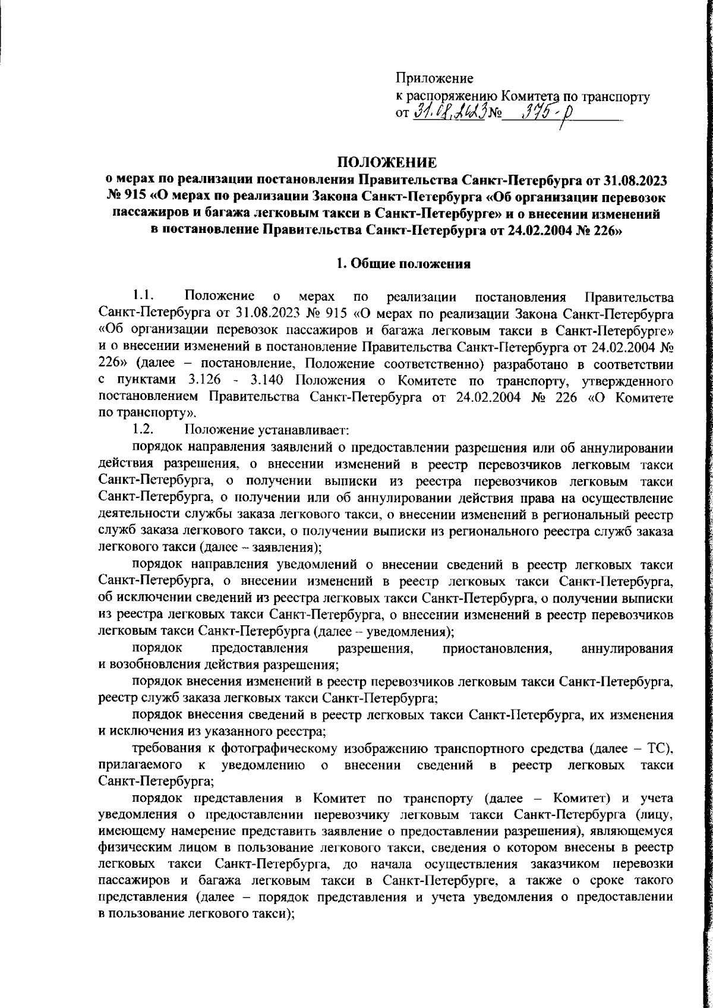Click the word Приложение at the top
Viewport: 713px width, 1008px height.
tap(434, 78)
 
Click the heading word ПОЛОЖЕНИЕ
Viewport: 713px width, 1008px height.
tap(387, 162)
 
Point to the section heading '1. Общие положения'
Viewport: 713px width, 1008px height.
tap(403, 264)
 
